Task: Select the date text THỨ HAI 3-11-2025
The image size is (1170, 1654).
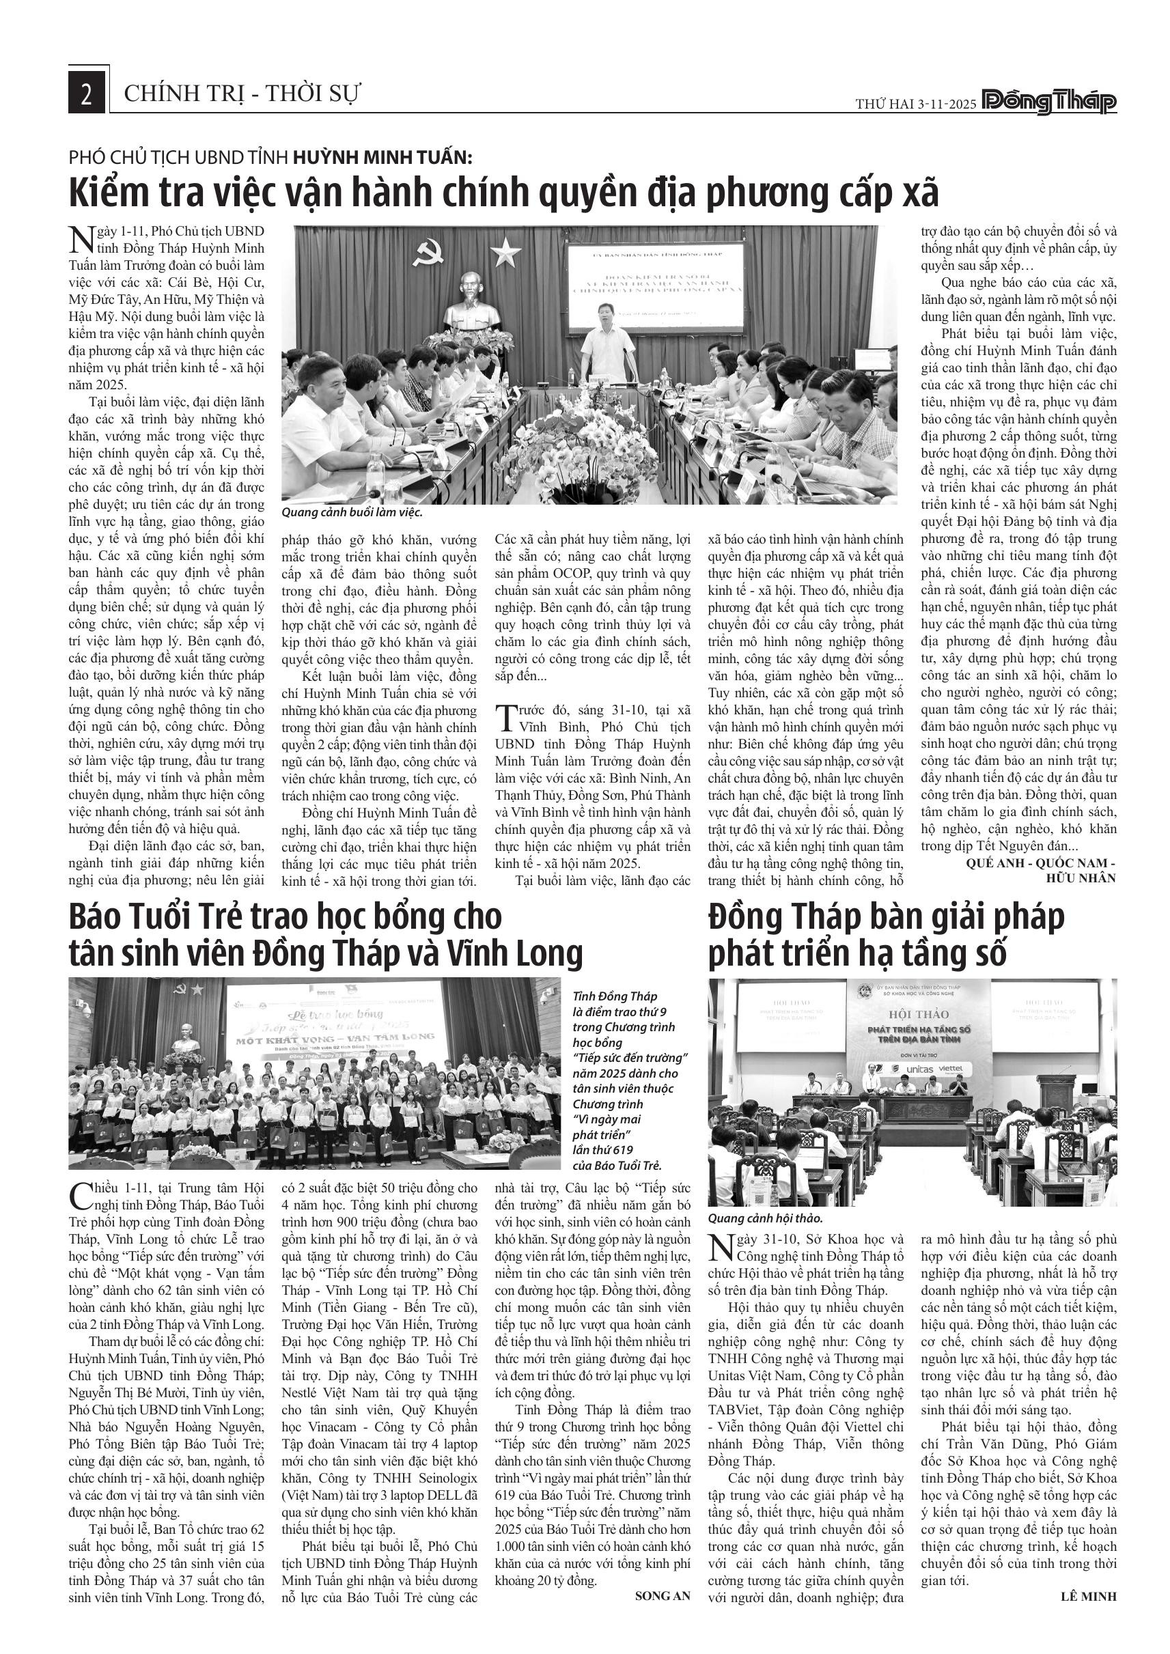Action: click(x=916, y=104)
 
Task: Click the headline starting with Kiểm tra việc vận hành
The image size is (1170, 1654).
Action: click(x=503, y=193)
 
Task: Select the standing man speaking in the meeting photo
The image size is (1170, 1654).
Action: click(x=607, y=339)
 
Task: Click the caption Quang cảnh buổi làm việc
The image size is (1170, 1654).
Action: click(x=352, y=513)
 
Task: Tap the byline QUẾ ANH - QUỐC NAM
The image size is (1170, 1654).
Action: click(x=1041, y=863)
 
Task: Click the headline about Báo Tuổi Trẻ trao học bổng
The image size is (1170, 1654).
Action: click(x=326, y=935)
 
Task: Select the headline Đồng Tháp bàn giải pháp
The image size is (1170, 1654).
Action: click(x=886, y=935)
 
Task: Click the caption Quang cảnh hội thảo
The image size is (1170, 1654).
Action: click(x=764, y=1219)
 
